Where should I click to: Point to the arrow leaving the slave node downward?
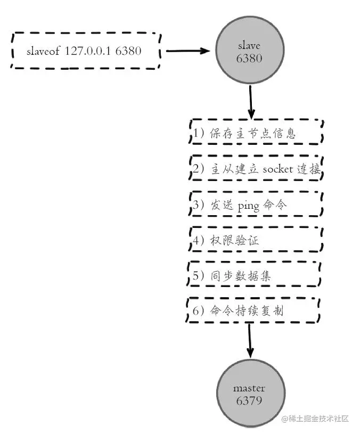pos(250,101)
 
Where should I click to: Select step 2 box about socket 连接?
pos(256,169)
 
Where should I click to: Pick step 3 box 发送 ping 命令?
pos(256,204)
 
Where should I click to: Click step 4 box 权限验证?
pos(256,240)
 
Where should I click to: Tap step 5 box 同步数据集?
pos(256,275)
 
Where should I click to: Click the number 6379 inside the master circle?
pos(249,400)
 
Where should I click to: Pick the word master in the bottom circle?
pos(249,388)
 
